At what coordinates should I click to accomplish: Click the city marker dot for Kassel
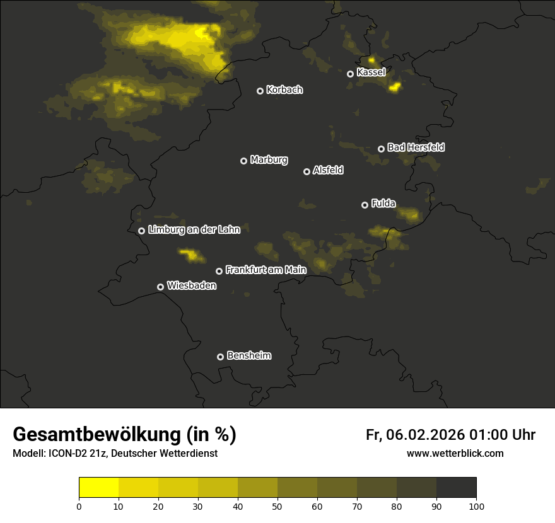[x=350, y=74]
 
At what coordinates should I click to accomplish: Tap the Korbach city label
[x=284, y=90]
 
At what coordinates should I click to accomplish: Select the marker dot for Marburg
[x=243, y=161]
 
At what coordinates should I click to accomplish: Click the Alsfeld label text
[x=328, y=171]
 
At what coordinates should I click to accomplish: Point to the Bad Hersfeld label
[x=416, y=147]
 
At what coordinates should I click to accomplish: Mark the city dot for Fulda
[x=365, y=205]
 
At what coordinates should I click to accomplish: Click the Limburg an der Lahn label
[x=194, y=230]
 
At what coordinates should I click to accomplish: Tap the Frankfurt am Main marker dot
[x=219, y=271]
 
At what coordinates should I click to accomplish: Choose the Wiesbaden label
[x=192, y=286]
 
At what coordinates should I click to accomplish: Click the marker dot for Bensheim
[x=220, y=357]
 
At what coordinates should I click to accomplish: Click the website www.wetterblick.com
[x=455, y=453]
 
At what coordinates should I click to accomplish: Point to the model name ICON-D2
[x=66, y=454]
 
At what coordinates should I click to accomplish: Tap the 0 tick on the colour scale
[x=79, y=506]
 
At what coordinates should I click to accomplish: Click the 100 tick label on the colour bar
[x=476, y=506]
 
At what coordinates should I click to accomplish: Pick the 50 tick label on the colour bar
[x=277, y=506]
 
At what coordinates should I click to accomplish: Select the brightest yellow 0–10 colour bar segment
[x=99, y=488]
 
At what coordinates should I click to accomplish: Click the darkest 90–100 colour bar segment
[x=456, y=488]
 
